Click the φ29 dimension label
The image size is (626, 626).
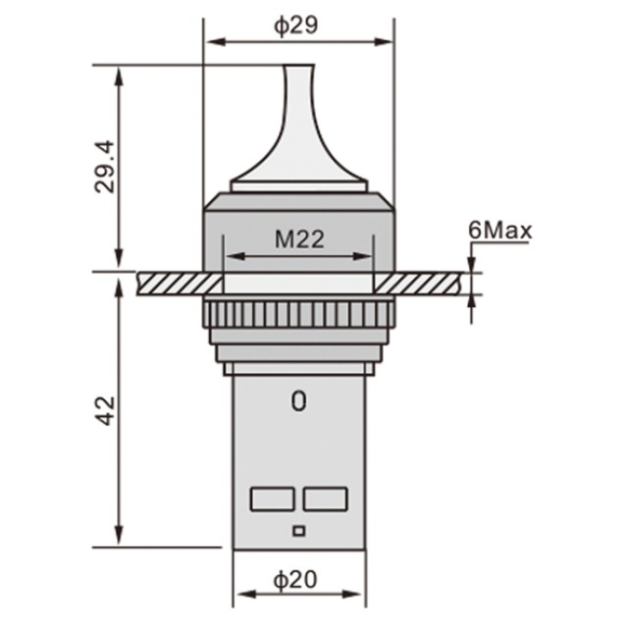click(x=296, y=26)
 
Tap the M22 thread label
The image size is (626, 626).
click(x=298, y=238)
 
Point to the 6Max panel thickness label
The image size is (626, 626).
click(x=499, y=231)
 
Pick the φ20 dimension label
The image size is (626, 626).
click(x=296, y=580)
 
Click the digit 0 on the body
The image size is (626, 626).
click(x=298, y=401)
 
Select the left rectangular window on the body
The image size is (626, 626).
click(x=273, y=498)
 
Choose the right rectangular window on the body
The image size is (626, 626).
click(x=325, y=498)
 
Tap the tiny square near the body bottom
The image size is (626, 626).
click(x=299, y=532)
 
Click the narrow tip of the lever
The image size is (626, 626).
click(x=298, y=74)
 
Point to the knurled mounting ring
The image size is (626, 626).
click(x=298, y=316)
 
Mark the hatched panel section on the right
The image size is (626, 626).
click(x=423, y=283)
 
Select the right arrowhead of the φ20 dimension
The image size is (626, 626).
click(x=357, y=594)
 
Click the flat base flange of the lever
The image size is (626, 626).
click(x=298, y=185)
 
